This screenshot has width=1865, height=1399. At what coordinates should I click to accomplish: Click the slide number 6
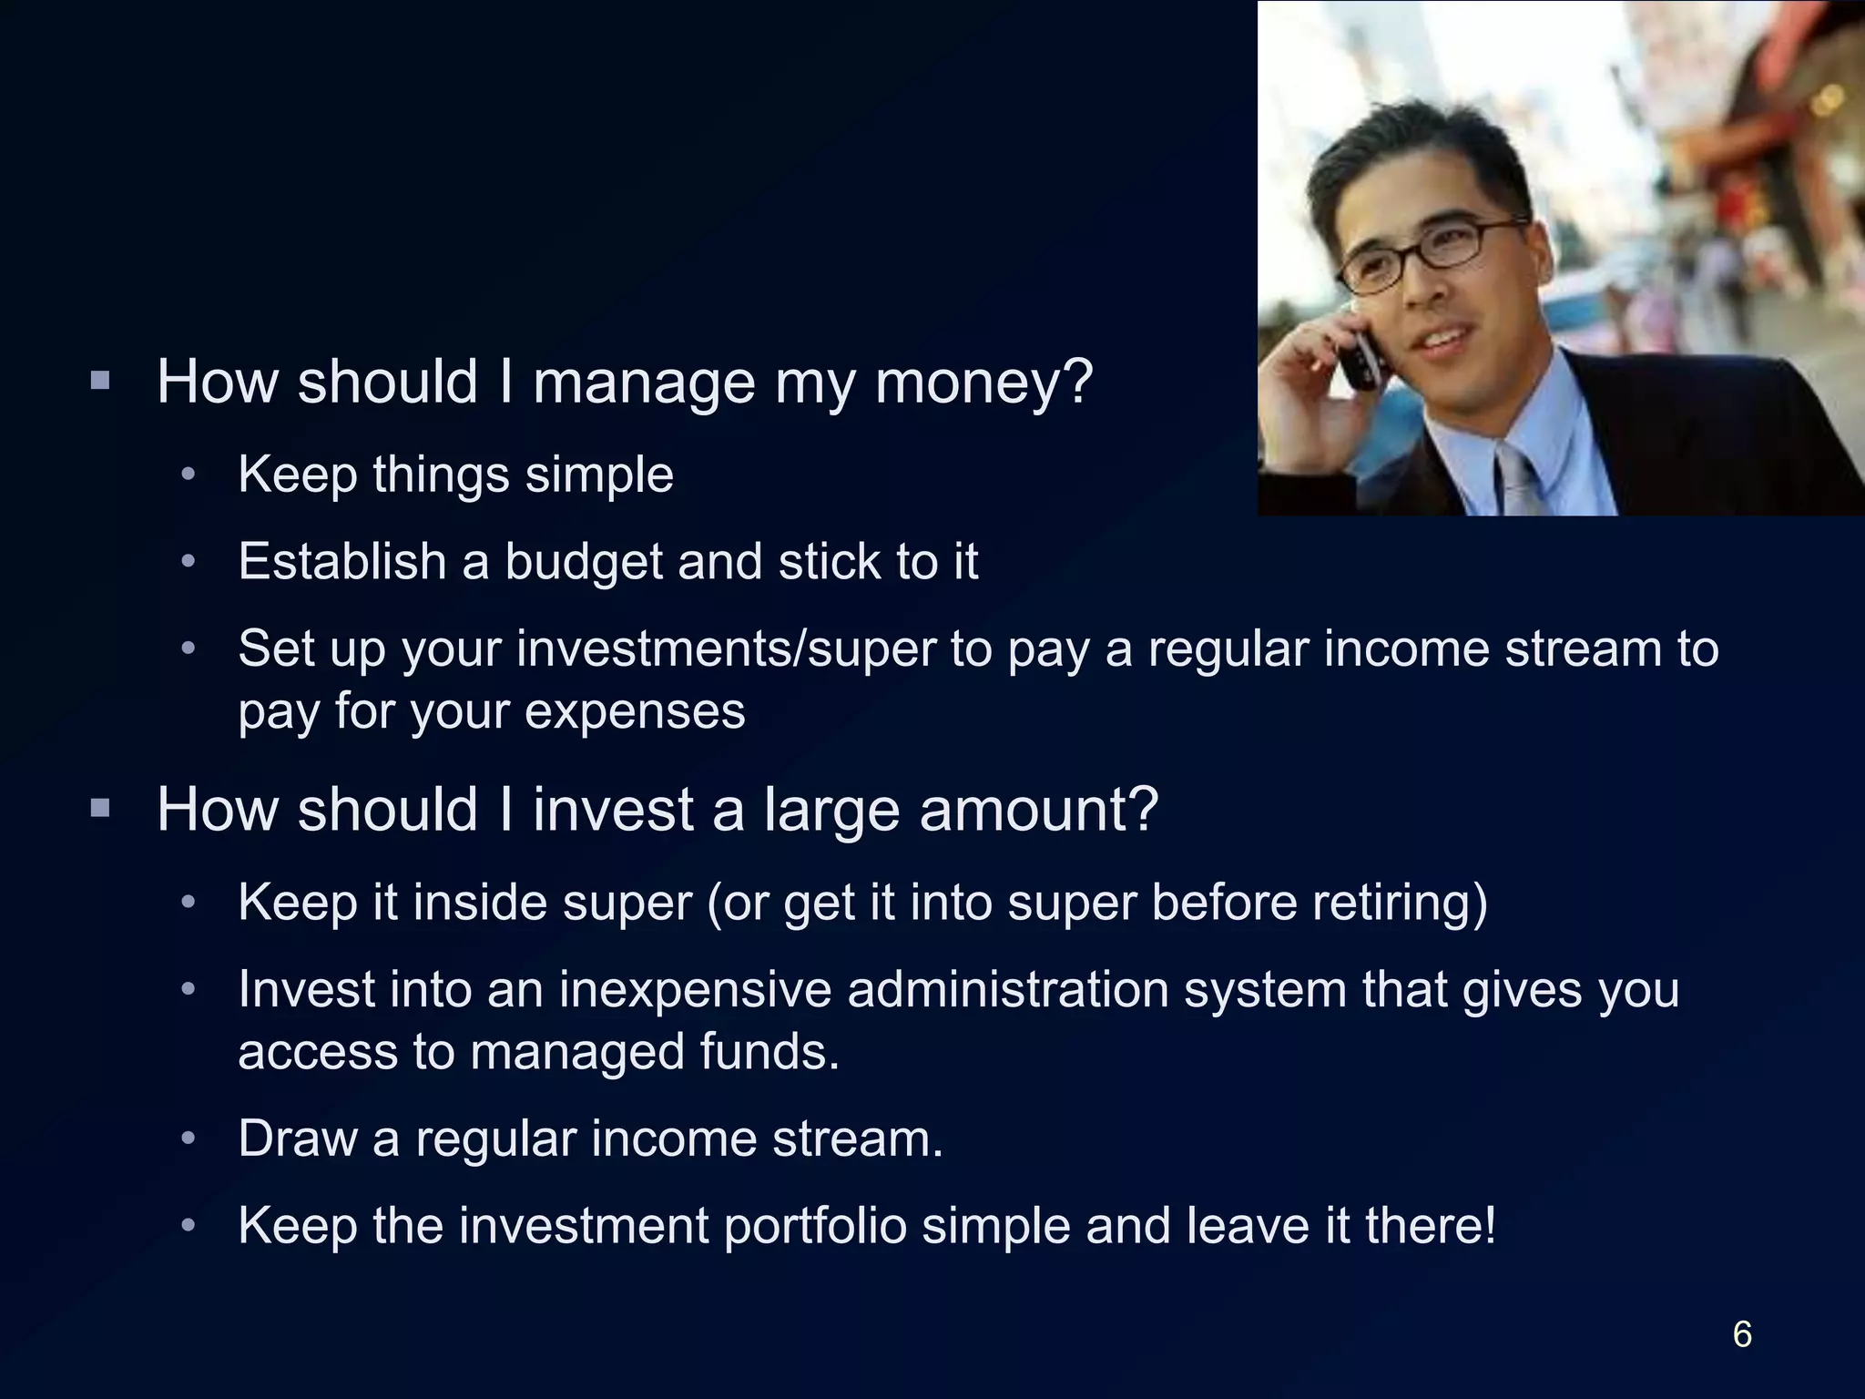[x=1741, y=1334]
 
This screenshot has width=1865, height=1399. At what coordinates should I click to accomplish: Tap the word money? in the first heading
[x=983, y=383]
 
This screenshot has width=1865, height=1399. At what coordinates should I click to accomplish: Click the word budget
[x=583, y=563]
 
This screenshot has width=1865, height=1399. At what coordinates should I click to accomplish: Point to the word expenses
[x=635, y=711]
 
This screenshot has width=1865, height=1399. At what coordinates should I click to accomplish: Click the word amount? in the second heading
[x=1038, y=810]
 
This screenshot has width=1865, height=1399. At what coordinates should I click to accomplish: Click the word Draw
[x=297, y=1139]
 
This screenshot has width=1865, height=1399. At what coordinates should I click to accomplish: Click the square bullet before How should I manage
[x=100, y=380]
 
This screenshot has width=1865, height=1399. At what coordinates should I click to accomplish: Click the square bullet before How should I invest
[x=100, y=808]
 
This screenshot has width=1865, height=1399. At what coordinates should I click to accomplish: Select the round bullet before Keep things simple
[x=189, y=475]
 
